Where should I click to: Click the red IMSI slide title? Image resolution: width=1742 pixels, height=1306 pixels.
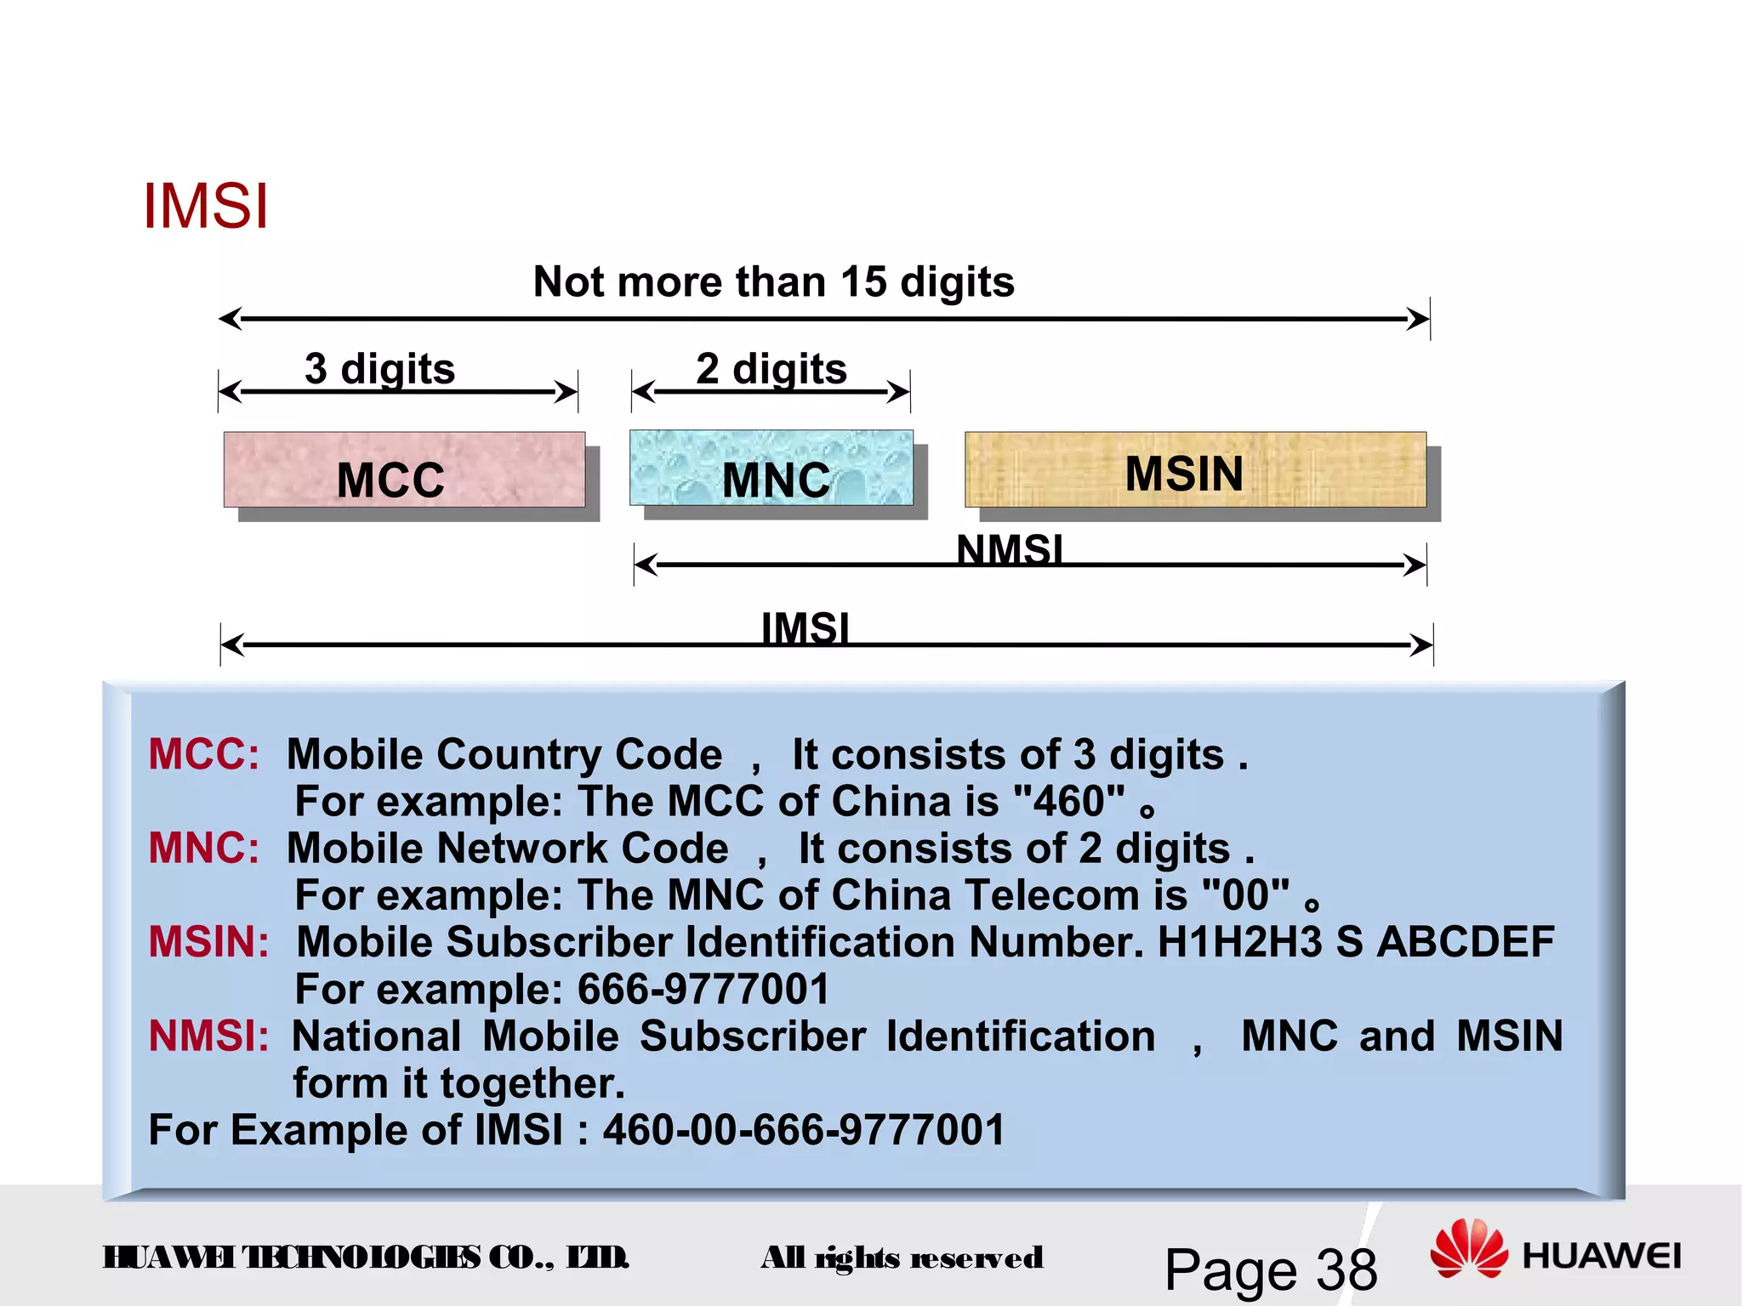coord(206,207)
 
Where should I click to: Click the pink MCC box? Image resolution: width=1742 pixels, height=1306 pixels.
coord(404,470)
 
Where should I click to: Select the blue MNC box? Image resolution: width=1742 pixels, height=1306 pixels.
coord(771,468)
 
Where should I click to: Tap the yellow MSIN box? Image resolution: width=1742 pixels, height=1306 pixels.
coord(1195,470)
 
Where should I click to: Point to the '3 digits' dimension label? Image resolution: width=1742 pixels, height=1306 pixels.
coord(380,369)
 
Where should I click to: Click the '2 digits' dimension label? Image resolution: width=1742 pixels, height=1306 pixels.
coord(771,369)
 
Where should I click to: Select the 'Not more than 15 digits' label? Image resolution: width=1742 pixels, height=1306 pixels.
coord(773,281)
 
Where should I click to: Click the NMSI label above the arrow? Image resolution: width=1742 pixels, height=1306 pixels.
coord(1010,548)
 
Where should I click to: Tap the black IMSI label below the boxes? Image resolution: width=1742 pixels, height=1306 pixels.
coord(805,627)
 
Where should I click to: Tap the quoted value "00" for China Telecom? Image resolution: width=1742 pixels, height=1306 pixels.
coord(1245,895)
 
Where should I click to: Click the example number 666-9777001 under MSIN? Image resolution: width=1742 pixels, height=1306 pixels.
coord(703,989)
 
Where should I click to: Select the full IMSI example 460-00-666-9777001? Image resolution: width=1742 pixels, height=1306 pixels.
coord(804,1130)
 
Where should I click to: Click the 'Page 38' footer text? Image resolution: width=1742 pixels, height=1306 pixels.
coord(1271,1270)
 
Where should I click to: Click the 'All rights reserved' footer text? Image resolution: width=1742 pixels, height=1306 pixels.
coord(902,1258)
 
